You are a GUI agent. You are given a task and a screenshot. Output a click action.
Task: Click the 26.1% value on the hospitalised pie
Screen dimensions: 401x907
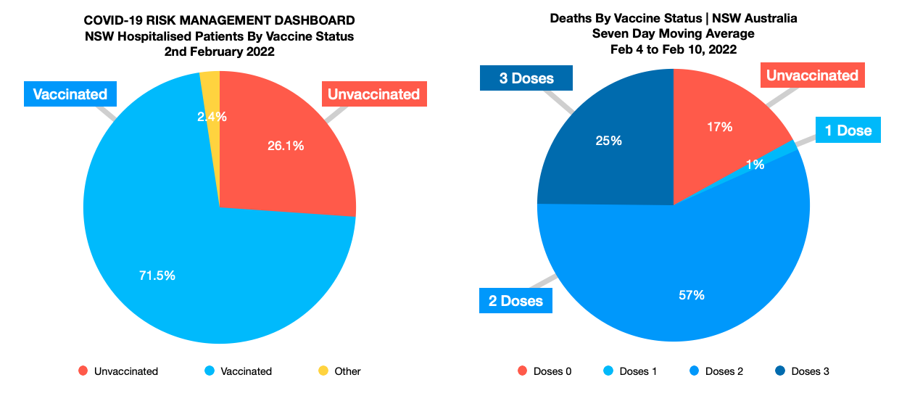coord(285,146)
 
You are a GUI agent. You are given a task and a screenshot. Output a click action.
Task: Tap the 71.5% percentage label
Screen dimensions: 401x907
coord(157,275)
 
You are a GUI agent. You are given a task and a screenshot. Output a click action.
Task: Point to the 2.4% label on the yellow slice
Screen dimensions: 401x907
coord(212,116)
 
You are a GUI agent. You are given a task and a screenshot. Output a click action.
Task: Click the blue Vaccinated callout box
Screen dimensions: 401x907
coord(70,94)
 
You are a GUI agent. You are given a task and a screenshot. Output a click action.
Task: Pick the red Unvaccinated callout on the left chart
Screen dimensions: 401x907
coord(373,94)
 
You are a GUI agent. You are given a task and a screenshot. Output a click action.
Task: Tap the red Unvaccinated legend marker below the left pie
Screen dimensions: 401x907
coord(83,371)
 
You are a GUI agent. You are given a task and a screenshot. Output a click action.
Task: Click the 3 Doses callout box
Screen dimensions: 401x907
coord(526,78)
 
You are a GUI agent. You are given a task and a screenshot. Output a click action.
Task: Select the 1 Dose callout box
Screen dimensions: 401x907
coord(848,131)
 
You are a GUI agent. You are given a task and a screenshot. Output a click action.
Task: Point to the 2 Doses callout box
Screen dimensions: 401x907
coord(515,300)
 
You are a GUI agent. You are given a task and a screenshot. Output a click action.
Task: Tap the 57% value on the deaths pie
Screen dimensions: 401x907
coord(692,294)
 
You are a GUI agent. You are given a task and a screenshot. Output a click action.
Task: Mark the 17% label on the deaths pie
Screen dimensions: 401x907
coord(720,127)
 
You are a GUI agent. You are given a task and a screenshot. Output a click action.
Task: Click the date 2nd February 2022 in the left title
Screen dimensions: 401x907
coord(219,51)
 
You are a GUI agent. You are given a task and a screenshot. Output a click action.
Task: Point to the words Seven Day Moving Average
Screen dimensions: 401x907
coord(674,33)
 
